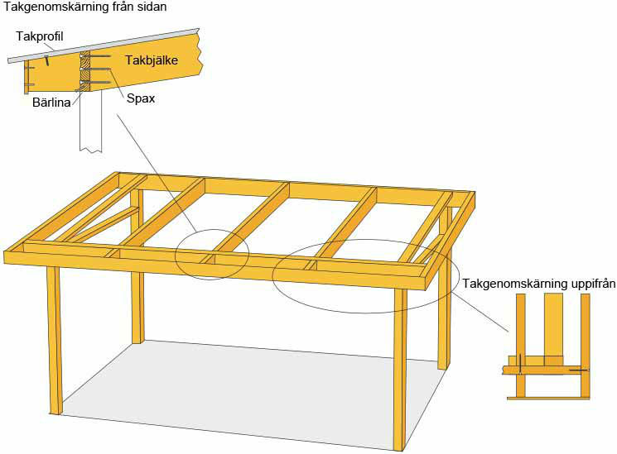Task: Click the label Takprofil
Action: point(40,36)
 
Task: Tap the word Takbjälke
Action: point(152,60)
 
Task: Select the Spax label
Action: point(141,98)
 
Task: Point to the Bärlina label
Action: point(51,103)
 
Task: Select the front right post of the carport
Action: point(400,370)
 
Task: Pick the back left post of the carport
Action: point(137,266)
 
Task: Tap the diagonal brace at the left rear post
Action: point(105,223)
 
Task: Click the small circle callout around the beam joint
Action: point(212,229)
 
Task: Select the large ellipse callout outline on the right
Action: point(366,240)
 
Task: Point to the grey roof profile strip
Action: point(104,45)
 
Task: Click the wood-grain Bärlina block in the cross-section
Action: point(85,71)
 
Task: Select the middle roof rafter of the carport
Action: point(253,221)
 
